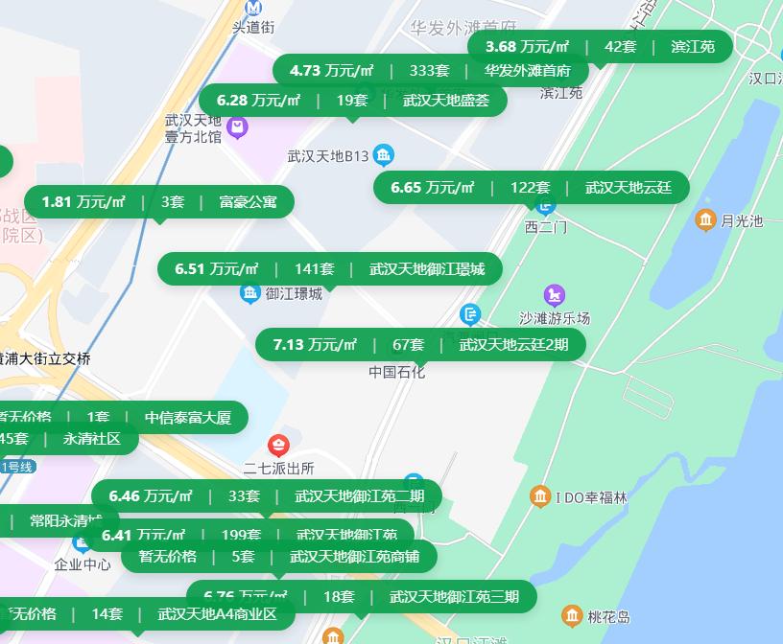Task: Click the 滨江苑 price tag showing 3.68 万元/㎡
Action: [600, 46]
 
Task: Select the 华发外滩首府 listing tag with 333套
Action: [430, 70]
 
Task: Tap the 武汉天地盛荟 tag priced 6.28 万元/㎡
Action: [352, 100]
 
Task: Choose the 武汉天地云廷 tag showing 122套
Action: [531, 187]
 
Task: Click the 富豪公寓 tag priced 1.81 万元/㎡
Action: [159, 201]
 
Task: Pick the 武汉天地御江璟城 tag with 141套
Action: [329, 269]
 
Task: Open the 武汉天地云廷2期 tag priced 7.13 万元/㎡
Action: [420, 344]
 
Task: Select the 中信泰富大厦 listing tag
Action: [144, 417]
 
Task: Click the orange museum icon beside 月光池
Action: [705, 220]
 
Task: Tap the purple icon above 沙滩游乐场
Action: [554, 294]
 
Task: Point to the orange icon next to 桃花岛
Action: [572, 615]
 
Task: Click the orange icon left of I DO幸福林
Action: [539, 496]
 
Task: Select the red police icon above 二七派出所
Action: [278, 445]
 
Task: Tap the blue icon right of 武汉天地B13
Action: [384, 154]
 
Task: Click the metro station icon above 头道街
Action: [253, 8]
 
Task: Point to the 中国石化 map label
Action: [396, 372]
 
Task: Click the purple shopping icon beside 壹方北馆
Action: [238, 126]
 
